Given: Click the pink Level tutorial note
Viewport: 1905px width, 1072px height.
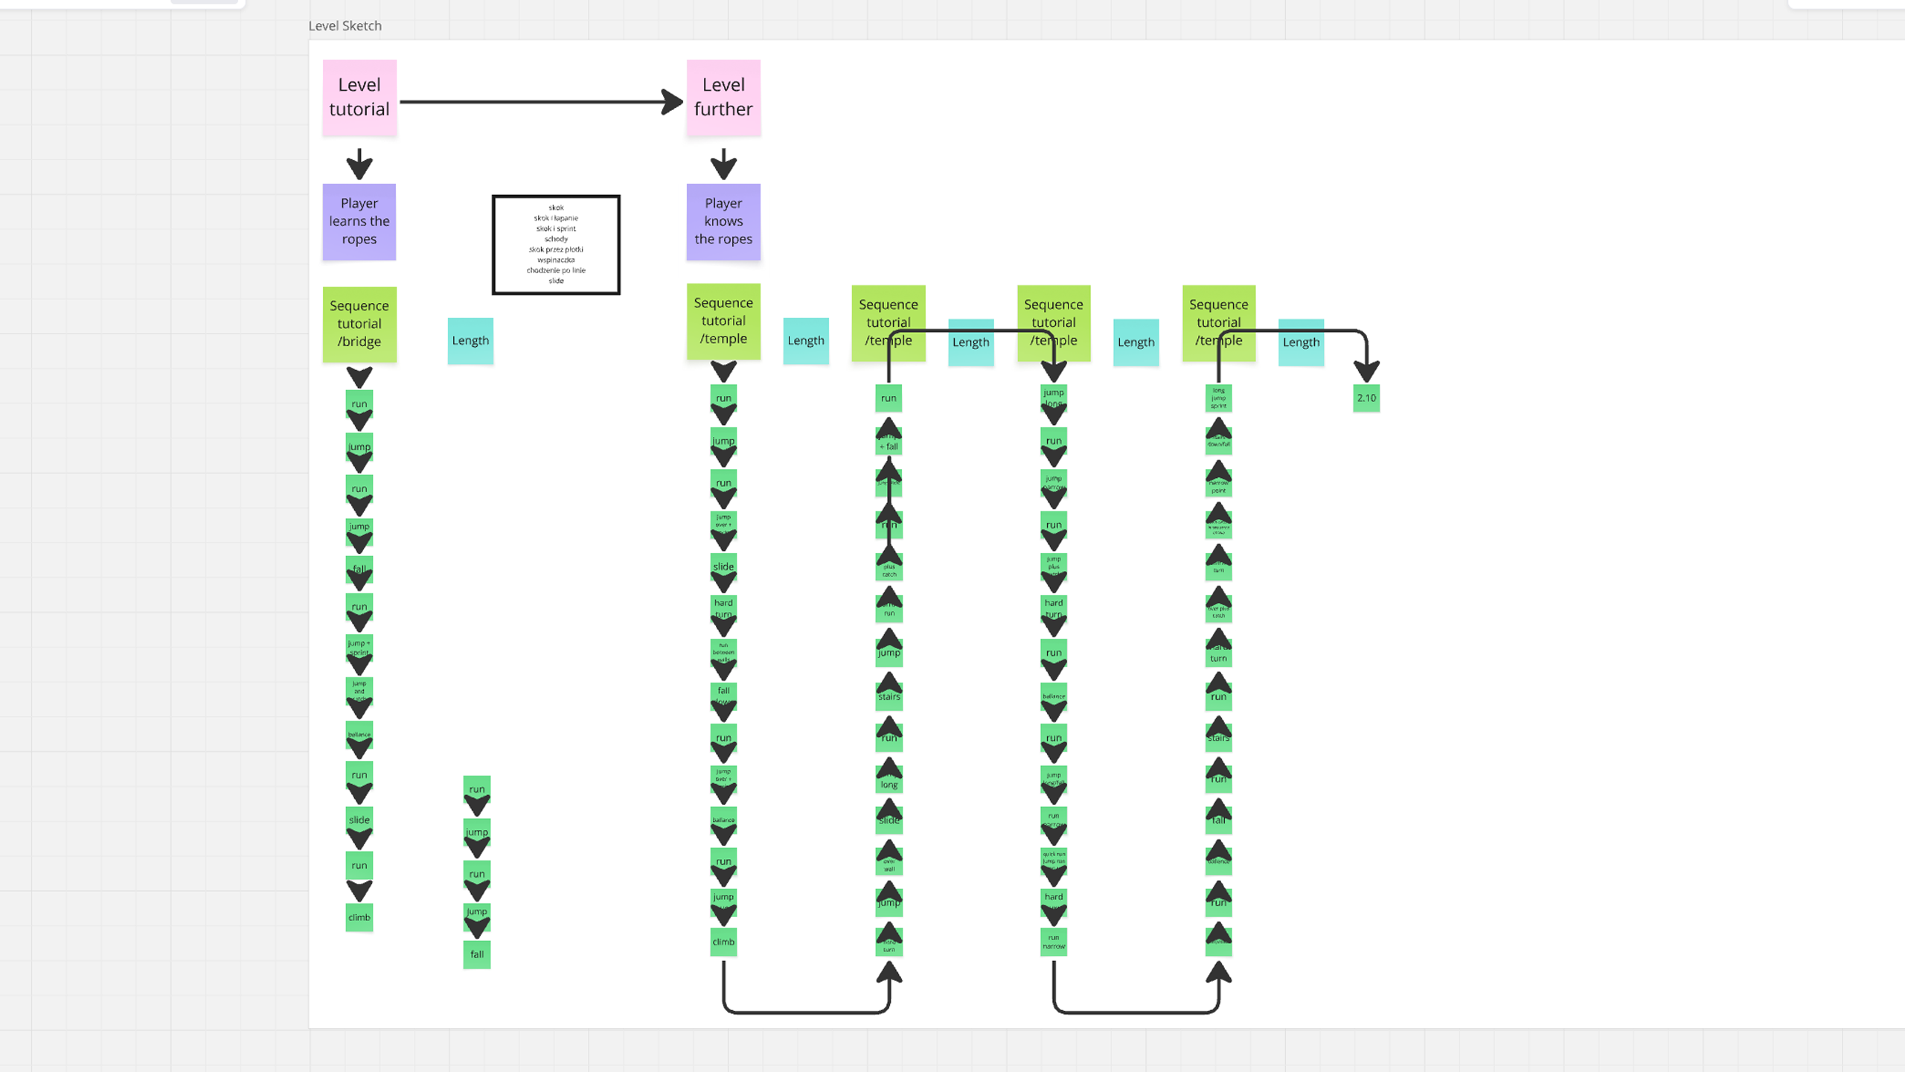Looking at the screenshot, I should point(359,98).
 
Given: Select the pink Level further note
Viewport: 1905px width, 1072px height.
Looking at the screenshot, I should point(723,98).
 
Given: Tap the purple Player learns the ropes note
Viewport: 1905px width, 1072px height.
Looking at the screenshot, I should point(359,221).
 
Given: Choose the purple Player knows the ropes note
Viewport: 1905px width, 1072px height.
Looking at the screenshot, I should point(723,221).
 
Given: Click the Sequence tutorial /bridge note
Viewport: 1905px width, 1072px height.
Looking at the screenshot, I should point(359,324).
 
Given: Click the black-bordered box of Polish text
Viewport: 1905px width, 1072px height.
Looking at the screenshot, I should point(556,244).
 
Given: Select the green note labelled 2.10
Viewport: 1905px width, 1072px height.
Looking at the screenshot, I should point(1366,398).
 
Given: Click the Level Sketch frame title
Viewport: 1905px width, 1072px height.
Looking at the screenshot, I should point(345,26).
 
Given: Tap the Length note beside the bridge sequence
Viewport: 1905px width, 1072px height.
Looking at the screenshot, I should point(470,341).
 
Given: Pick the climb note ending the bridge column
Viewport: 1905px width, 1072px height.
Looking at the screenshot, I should point(359,917).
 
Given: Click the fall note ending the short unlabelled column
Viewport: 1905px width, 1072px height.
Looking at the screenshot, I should point(477,954).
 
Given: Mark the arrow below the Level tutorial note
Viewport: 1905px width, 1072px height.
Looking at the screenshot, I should point(359,164).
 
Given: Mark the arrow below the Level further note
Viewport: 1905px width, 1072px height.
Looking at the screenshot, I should point(723,164).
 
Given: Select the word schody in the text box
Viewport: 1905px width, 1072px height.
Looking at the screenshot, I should point(556,239).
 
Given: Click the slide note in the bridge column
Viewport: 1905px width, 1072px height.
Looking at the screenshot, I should point(359,819).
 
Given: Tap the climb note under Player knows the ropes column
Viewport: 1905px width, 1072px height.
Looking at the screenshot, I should point(723,942).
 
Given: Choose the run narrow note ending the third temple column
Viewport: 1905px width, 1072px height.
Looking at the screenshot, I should point(1054,942).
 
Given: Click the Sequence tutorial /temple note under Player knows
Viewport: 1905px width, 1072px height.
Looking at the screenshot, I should point(723,321).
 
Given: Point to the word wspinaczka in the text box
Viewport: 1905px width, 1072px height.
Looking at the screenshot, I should point(556,260).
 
